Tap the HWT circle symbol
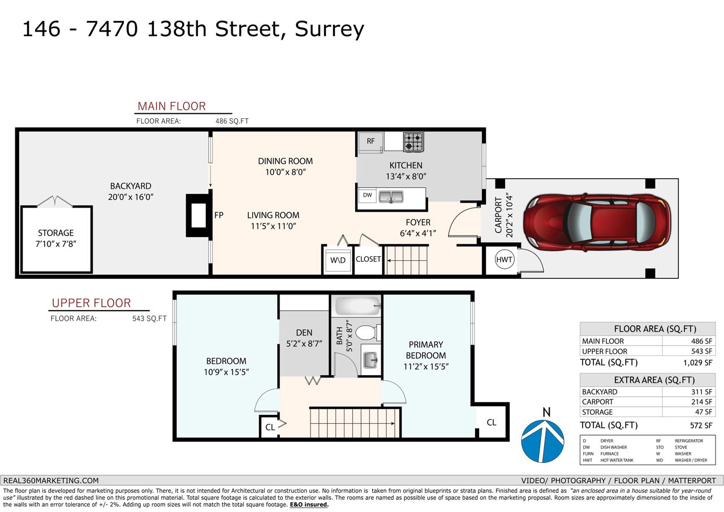tap(504, 259)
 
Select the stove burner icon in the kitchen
tap(413, 142)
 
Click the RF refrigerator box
tap(370, 141)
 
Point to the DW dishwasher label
tap(368, 195)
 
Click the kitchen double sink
tap(391, 196)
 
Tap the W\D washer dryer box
tap(338, 260)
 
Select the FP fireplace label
tap(219, 216)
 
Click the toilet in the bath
tap(368, 333)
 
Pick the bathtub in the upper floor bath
tap(358, 306)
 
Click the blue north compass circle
tap(542, 441)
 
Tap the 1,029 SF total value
tap(697, 363)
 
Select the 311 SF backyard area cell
tap(701, 391)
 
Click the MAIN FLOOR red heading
tap(171, 106)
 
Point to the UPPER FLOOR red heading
tap(92, 303)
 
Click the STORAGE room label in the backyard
tap(56, 233)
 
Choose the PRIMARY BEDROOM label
tap(426, 350)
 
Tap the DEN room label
tap(304, 333)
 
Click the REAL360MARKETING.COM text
tap(51, 481)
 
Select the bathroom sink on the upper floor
tap(370, 360)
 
